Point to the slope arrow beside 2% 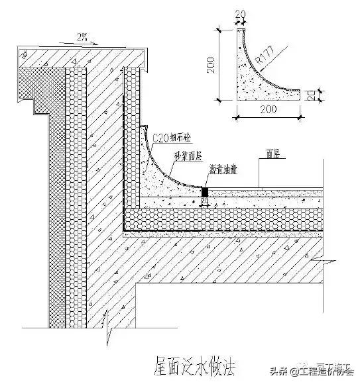(74, 41)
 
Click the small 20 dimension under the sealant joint (205, 201)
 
